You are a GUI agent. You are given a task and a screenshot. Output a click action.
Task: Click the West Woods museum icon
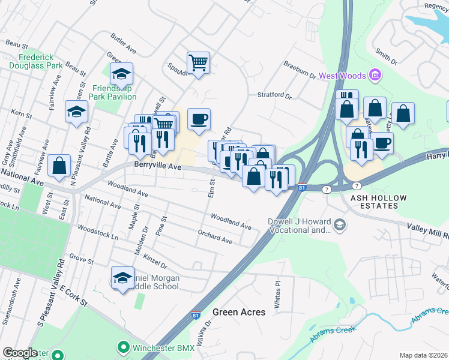(x=376, y=76)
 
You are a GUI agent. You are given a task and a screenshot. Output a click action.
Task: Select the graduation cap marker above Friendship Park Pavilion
(x=121, y=74)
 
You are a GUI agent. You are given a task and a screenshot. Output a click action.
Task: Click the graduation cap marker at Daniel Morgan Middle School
(x=122, y=278)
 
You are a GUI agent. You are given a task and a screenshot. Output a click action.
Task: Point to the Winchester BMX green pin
(x=124, y=347)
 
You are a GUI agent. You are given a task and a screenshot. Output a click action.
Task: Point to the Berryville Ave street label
(x=157, y=166)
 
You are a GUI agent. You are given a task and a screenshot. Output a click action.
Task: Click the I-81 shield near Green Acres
(x=196, y=314)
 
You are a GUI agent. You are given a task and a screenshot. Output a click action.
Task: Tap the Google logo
(x=20, y=353)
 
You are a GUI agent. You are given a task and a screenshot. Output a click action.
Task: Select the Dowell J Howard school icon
(x=340, y=224)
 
